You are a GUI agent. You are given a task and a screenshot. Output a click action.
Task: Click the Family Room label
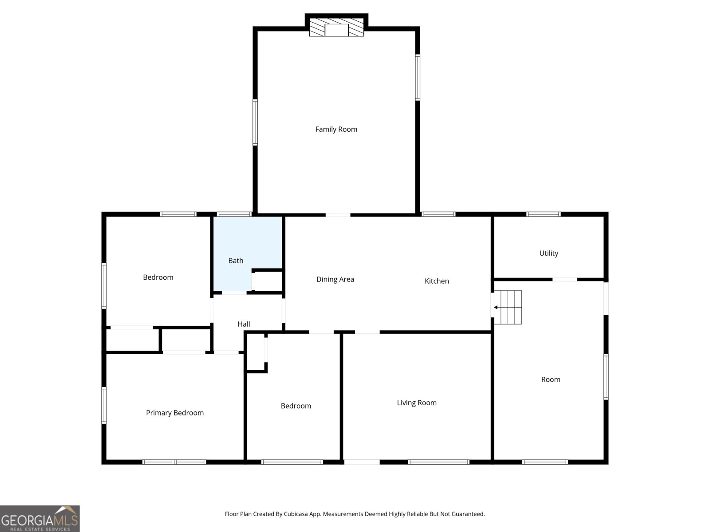pos(336,129)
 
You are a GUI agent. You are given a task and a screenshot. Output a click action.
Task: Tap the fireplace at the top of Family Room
pos(336,27)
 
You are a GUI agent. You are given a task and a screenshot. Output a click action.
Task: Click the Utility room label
pos(548,253)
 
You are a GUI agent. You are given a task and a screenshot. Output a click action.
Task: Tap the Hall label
pos(244,324)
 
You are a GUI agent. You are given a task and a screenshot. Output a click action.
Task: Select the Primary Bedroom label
pos(175,413)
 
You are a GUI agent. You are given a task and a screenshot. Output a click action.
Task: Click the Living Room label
pos(417,403)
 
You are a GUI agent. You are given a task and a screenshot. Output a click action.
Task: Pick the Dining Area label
pos(335,279)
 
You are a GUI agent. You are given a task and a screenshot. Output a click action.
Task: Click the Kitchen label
pos(437,281)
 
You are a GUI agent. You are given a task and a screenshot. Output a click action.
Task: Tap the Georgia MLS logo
pos(40,519)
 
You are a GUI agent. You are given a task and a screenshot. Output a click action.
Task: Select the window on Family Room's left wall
pos(255,122)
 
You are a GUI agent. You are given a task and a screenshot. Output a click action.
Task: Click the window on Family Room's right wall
pos(418,77)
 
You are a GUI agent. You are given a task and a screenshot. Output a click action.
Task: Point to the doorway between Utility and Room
pos(564,279)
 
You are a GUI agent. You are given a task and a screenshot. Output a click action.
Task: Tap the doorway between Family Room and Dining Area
pos(338,215)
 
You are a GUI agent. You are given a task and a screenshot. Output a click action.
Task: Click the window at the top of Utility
pos(543,215)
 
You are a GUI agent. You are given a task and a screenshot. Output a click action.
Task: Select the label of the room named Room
pos(551,379)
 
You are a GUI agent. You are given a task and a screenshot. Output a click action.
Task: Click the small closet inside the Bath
pos(268,281)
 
